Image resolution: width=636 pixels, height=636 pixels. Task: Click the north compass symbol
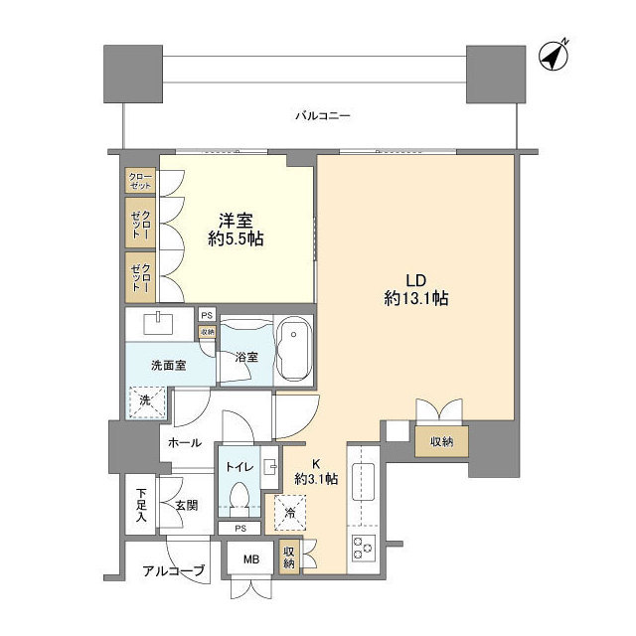click(555, 56)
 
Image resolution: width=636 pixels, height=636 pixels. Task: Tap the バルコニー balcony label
click(322, 116)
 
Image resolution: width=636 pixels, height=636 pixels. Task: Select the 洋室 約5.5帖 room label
click(236, 230)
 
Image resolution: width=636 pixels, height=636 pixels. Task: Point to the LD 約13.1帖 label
click(416, 289)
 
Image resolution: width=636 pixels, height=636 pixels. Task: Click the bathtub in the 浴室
click(294, 349)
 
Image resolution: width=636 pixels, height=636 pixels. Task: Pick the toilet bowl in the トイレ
click(239, 499)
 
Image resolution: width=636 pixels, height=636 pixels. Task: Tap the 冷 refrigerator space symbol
click(290, 513)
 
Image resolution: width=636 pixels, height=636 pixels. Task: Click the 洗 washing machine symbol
click(147, 402)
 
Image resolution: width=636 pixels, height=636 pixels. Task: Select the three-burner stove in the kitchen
click(364, 548)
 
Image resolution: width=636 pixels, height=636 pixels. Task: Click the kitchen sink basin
click(363, 481)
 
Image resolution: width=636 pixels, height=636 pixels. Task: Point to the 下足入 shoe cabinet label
click(141, 506)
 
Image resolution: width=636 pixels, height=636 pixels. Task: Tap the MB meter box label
click(251, 559)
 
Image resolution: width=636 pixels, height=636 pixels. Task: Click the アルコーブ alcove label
click(173, 571)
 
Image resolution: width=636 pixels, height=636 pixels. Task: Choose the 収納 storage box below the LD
click(441, 441)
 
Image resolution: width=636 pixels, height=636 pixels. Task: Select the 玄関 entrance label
click(187, 506)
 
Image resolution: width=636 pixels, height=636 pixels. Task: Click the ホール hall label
click(185, 442)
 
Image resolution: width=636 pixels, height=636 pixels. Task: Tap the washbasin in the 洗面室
click(159, 323)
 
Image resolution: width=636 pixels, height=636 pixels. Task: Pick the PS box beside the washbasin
click(207, 315)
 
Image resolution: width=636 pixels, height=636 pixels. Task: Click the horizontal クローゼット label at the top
click(140, 181)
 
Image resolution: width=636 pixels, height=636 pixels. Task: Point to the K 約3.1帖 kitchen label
click(316, 472)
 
